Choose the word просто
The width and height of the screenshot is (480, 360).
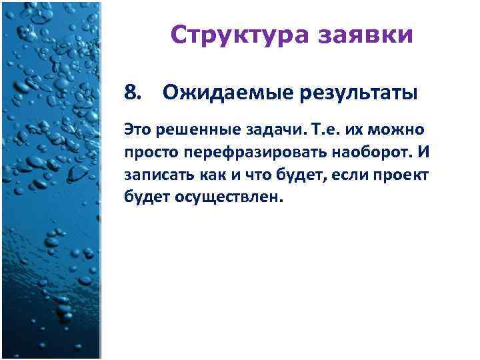pyautogui.click(x=147, y=153)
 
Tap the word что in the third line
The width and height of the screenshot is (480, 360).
pyautogui.click(x=251, y=175)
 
